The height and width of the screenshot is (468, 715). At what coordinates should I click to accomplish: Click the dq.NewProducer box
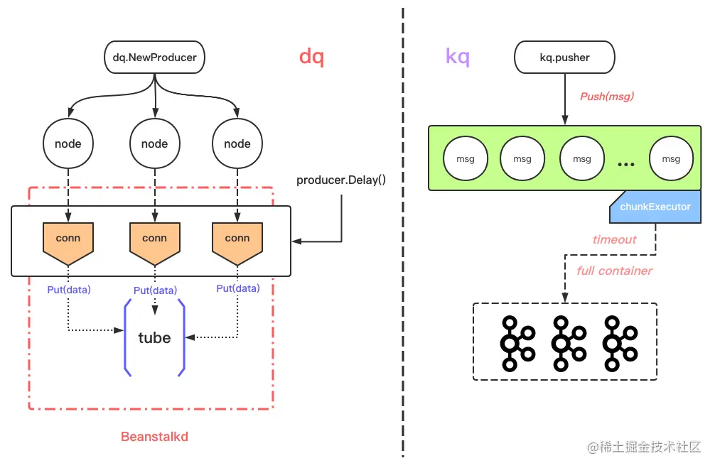click(x=155, y=57)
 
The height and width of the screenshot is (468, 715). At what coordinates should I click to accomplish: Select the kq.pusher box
click(x=564, y=57)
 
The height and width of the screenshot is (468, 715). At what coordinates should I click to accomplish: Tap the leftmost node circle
click(x=68, y=143)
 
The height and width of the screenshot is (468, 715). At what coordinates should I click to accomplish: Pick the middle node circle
click(x=154, y=143)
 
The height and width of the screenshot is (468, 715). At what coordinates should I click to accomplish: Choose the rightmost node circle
click(x=237, y=143)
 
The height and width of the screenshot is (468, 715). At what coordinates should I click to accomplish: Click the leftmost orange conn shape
click(x=68, y=240)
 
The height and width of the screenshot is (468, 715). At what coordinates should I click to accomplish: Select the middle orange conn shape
click(x=154, y=240)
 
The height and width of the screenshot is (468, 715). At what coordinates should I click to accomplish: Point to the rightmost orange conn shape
click(x=237, y=240)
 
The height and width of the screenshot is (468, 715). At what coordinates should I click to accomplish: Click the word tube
click(x=154, y=338)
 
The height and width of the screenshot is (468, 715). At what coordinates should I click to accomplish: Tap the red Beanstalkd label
click(x=154, y=436)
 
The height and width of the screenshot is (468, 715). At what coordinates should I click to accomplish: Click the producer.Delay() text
click(x=341, y=180)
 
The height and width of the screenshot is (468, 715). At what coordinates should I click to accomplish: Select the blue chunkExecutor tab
click(x=655, y=207)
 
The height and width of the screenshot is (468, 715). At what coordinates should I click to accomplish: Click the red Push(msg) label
click(x=606, y=97)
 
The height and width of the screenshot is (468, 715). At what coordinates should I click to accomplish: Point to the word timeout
click(x=614, y=240)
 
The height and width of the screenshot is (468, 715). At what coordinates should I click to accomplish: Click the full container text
click(x=614, y=271)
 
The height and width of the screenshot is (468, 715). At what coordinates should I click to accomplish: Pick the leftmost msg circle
click(x=465, y=159)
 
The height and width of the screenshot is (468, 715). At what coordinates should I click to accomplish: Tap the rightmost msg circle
click(x=671, y=159)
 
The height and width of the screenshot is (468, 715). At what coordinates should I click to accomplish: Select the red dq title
click(x=311, y=57)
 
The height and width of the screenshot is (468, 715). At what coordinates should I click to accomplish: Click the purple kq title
click(x=457, y=57)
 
